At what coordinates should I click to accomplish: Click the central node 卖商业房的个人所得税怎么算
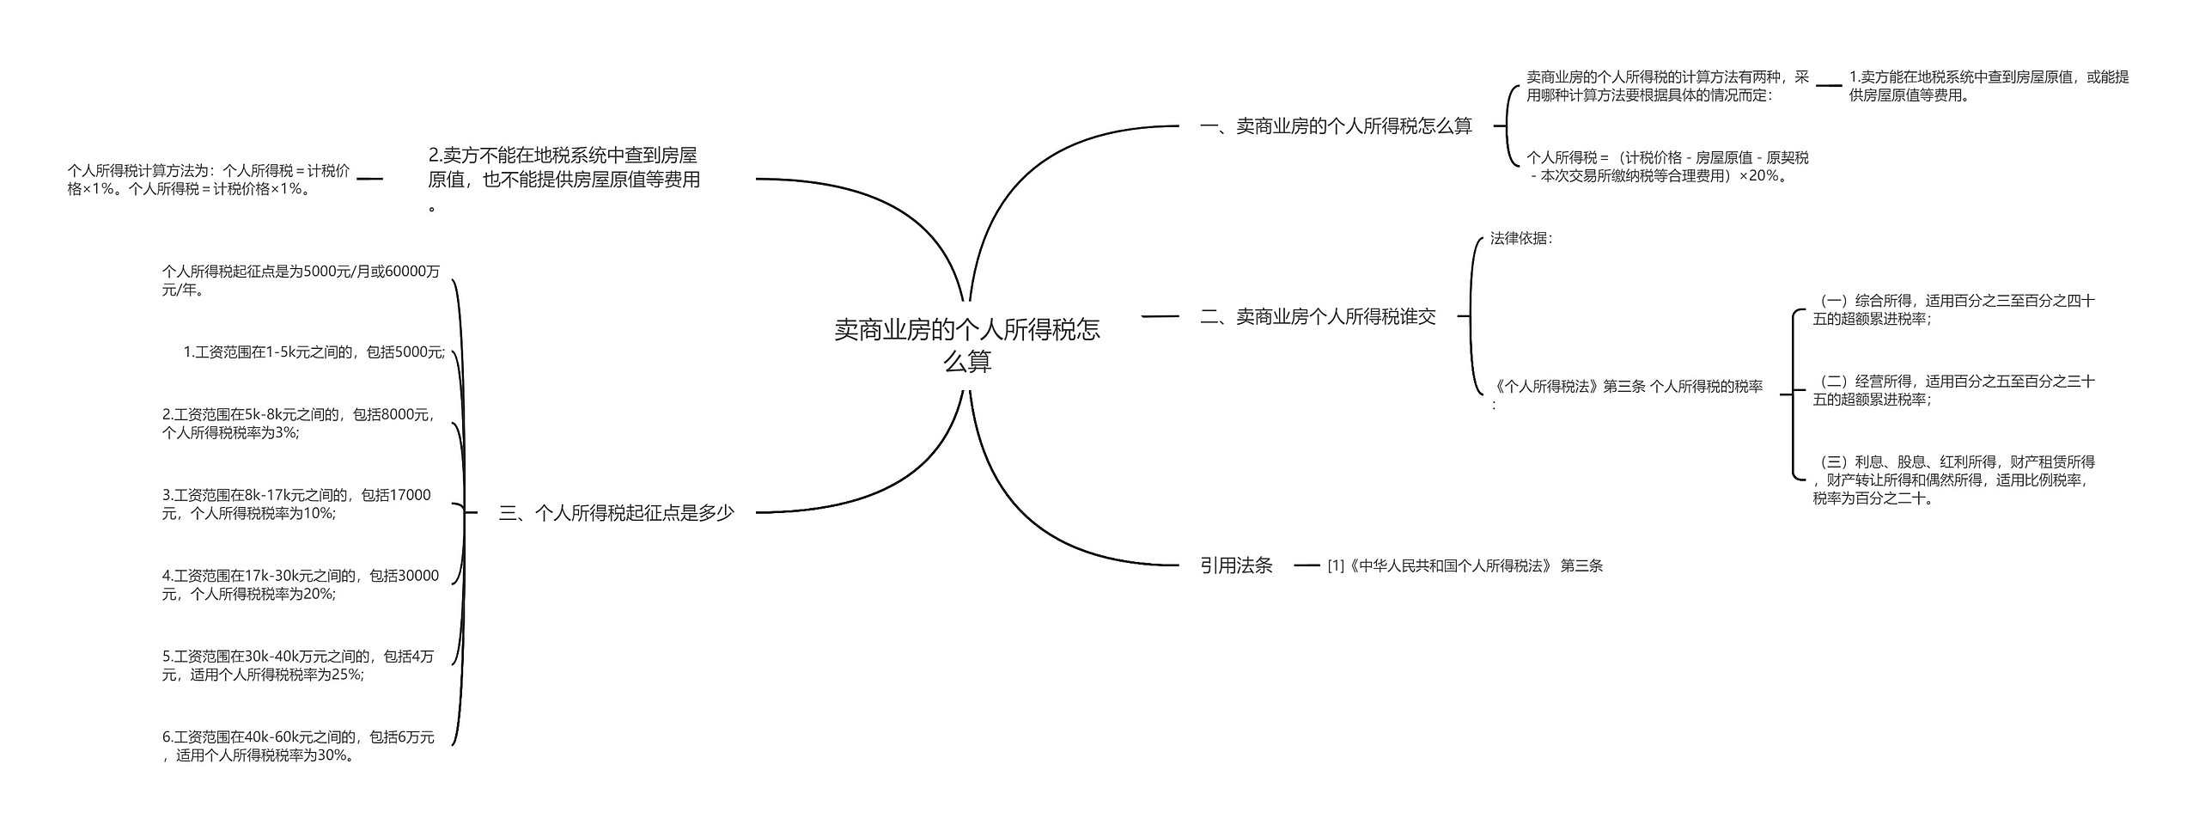[967, 345]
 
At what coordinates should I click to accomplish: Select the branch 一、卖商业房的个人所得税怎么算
[1336, 126]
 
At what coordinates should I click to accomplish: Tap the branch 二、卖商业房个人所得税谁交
[1318, 317]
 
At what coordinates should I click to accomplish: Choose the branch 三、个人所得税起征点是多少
[616, 513]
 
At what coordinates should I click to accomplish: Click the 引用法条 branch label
[1236, 565]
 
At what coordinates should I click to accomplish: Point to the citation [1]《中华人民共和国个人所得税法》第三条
[1465, 566]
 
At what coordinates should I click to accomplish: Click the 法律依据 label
[1520, 239]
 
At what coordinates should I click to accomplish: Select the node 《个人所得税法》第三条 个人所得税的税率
[1627, 388]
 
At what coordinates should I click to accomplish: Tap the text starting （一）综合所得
[1953, 310]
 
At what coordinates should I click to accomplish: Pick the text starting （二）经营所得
[1953, 391]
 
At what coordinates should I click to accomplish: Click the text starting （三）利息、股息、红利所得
[1953, 480]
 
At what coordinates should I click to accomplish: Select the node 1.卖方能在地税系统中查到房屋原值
[1989, 86]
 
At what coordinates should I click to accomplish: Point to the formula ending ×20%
[1666, 167]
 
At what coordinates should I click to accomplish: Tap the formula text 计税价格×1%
[209, 180]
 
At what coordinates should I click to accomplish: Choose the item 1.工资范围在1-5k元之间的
[314, 352]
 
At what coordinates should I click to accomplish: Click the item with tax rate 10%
[296, 504]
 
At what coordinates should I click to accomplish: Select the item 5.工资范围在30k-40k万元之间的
[297, 666]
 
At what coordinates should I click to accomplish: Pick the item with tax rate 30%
[297, 746]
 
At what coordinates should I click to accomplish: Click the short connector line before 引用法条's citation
[1306, 565]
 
